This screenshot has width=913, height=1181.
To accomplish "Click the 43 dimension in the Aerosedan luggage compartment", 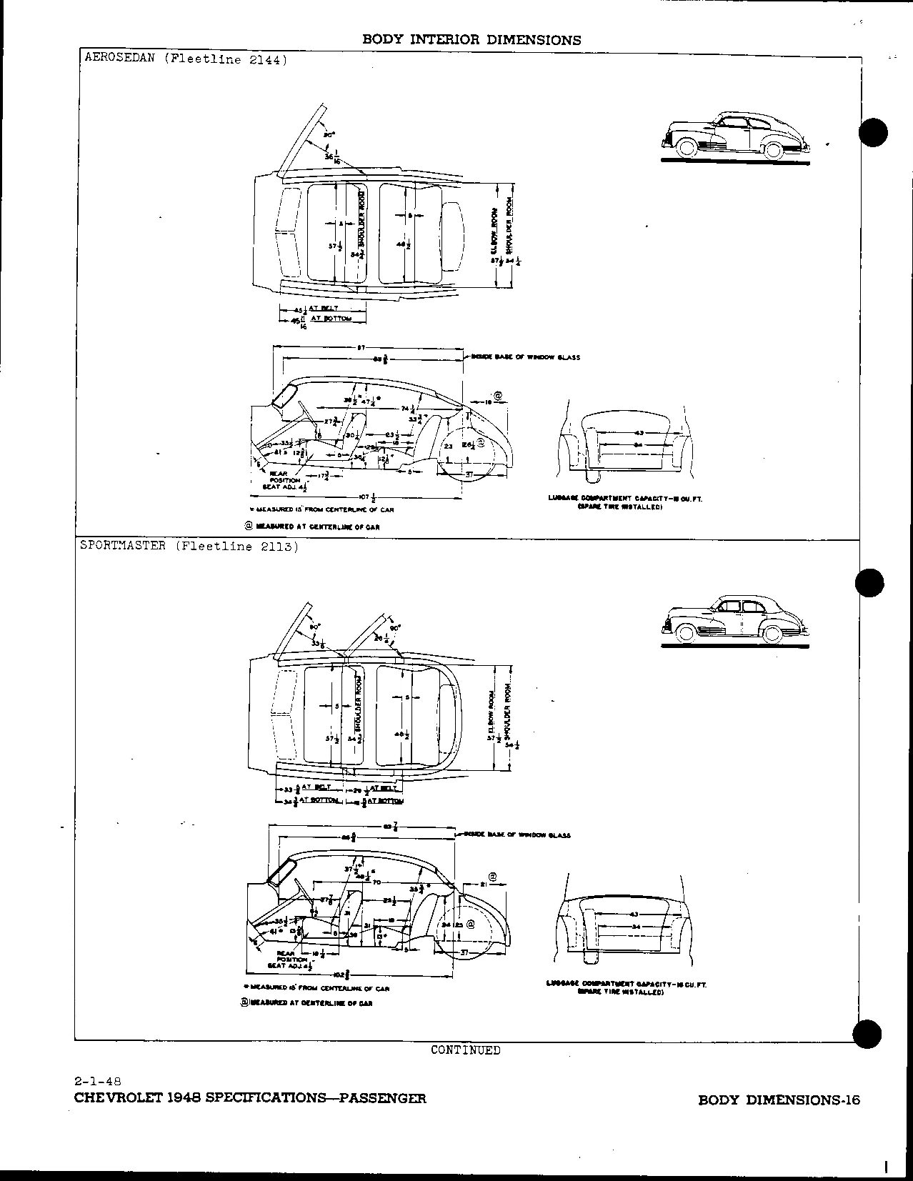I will [x=638, y=432].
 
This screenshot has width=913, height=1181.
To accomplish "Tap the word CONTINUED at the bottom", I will [x=465, y=1050].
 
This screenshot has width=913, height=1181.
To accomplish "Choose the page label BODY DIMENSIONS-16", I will [x=779, y=1100].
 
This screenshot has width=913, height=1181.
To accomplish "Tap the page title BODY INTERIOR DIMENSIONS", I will [x=472, y=40].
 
